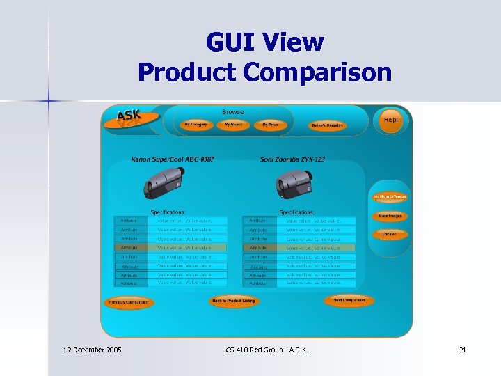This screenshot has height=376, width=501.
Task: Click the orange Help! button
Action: pos(391,120)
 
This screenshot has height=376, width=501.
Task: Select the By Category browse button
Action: pos(196,125)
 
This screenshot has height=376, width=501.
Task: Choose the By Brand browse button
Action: pos(233,125)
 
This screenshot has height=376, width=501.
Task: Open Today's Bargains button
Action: pos(327,125)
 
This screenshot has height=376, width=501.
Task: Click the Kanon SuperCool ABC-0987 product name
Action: pos(173,159)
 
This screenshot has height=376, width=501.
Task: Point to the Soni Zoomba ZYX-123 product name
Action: pos(292,159)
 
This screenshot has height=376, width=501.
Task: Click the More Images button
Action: pos(390,217)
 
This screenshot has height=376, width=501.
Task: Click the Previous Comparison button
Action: pos(128,303)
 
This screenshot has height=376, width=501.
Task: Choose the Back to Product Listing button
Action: pos(234,301)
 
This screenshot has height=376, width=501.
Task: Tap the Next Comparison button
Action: pos(349,301)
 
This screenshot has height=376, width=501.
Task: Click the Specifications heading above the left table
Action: pos(168,212)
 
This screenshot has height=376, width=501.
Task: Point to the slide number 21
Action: pos(463,350)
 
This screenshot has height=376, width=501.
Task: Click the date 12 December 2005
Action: pos(92,350)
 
